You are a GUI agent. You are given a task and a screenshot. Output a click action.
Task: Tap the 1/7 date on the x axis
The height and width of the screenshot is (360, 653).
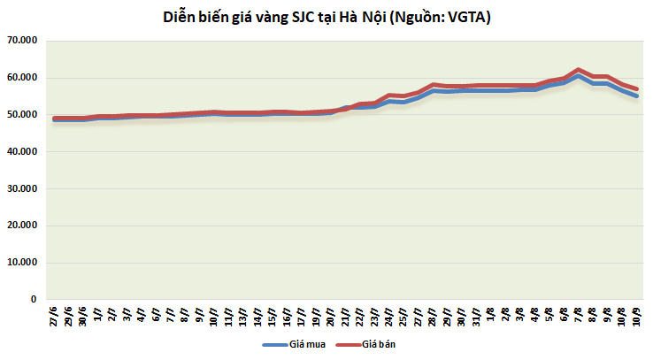pos(98,315)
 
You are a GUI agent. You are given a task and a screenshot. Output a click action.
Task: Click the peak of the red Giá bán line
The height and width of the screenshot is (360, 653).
pos(578,69)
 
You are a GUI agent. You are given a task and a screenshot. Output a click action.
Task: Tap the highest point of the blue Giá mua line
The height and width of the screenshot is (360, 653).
pos(578,76)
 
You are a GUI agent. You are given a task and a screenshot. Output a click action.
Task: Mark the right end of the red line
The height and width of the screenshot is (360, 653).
pos(636,88)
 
